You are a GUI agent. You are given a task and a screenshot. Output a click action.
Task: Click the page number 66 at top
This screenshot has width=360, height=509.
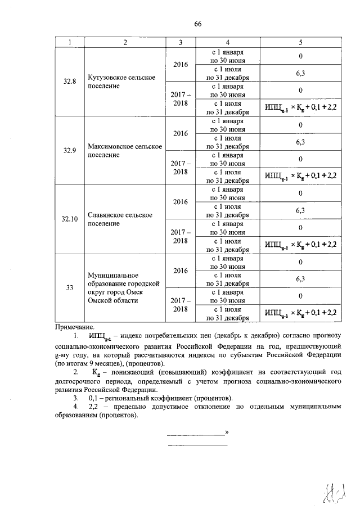[197, 23]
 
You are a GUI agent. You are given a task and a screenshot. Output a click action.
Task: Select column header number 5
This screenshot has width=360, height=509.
[300, 42]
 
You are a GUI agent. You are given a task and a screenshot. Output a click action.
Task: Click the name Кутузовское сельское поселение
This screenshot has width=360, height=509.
[121, 82]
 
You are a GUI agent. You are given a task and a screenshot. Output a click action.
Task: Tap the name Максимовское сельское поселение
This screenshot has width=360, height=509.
[125, 150]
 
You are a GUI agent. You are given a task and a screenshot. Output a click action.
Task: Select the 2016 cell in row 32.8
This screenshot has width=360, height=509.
[180, 65]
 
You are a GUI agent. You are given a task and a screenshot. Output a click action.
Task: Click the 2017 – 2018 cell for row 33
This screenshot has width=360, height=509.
[180, 305]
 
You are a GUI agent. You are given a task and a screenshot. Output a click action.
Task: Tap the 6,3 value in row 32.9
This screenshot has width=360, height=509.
[300, 142]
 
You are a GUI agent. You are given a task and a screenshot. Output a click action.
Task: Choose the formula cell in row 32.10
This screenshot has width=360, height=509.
[300, 245]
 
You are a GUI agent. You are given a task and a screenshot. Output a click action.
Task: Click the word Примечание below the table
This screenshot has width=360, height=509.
[75, 327]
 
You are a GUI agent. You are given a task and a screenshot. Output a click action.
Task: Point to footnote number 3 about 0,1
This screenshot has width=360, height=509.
[67, 398]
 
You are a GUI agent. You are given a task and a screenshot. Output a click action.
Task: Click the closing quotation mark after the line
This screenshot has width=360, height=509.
[226, 433]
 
